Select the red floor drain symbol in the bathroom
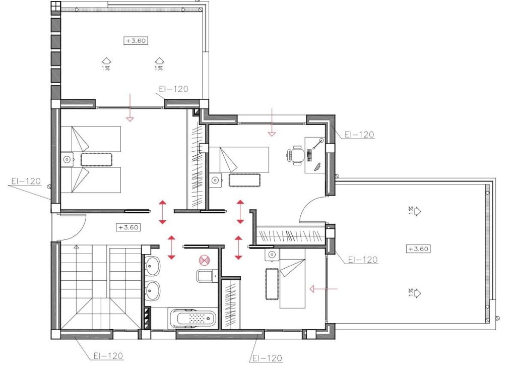coord(204,260)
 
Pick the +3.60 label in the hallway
coord(128,227)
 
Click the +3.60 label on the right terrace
coord(419,249)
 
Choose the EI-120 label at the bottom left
coord(108,356)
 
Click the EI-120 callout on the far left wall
coord(25,181)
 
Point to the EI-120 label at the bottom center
coord(266,358)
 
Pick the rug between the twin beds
coord(96,159)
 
